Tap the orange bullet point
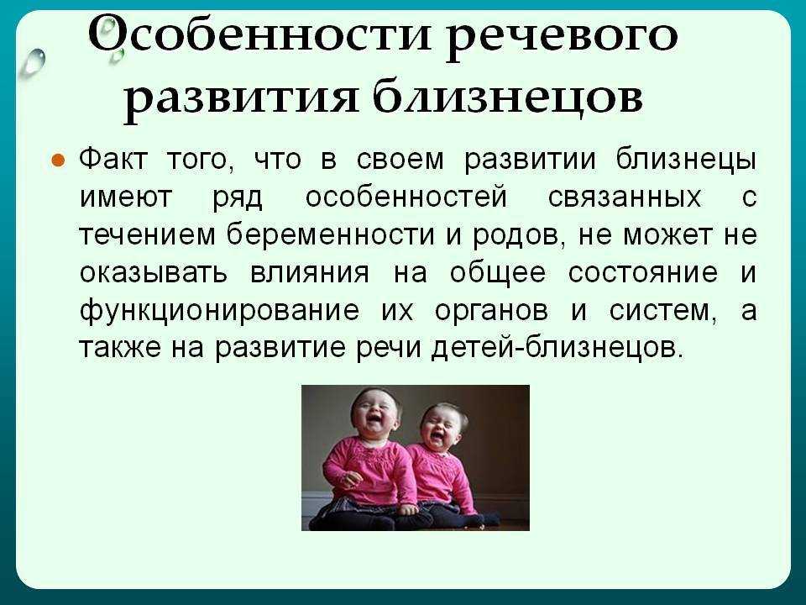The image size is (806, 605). click(58, 160)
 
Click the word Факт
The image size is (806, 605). click(113, 159)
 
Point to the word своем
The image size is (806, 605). click(400, 159)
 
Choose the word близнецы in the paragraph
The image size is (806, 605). click(686, 160)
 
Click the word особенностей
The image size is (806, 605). click(406, 197)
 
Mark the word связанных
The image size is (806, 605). click(625, 197)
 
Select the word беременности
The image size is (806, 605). click(331, 234)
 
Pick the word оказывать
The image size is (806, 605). click(153, 272)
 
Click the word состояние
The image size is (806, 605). click(642, 272)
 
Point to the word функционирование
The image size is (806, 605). click(219, 311)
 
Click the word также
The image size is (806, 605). click(120, 348)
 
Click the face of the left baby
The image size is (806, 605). click(374, 413)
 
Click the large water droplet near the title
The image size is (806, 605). click(34, 62)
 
